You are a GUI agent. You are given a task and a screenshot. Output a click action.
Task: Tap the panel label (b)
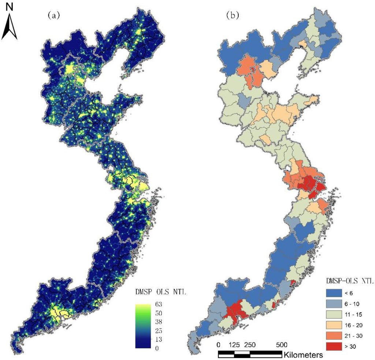234,15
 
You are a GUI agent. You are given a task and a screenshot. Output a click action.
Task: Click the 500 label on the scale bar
281,345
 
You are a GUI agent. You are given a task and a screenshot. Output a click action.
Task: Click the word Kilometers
303,355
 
